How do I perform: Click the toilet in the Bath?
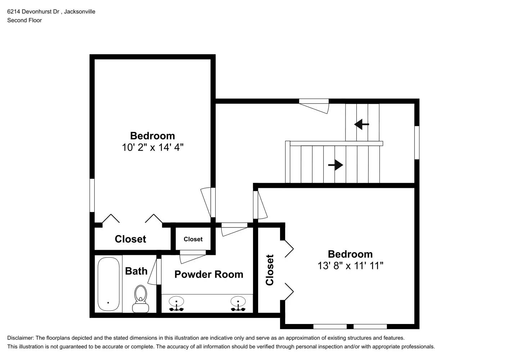click(x=141, y=299)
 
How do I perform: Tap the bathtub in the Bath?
click(x=108, y=284)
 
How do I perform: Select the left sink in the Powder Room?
click(x=176, y=303)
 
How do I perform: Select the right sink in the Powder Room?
click(x=238, y=303)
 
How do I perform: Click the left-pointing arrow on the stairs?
click(x=361, y=125)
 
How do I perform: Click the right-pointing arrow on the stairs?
click(x=335, y=165)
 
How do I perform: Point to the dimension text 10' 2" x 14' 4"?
click(x=153, y=147)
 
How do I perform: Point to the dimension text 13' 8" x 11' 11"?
click(x=350, y=266)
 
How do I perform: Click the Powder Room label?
click(x=209, y=274)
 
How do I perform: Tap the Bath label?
click(x=136, y=271)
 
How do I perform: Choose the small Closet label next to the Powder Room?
click(x=193, y=239)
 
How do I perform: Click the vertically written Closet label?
click(x=270, y=270)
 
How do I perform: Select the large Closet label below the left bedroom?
click(x=130, y=239)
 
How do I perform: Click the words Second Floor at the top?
click(x=24, y=20)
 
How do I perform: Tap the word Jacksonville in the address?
click(x=80, y=12)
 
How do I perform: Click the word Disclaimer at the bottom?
click(x=20, y=338)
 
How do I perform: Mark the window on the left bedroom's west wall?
click(x=92, y=195)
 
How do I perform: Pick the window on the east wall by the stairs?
click(x=417, y=143)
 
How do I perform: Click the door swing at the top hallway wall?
click(x=314, y=106)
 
